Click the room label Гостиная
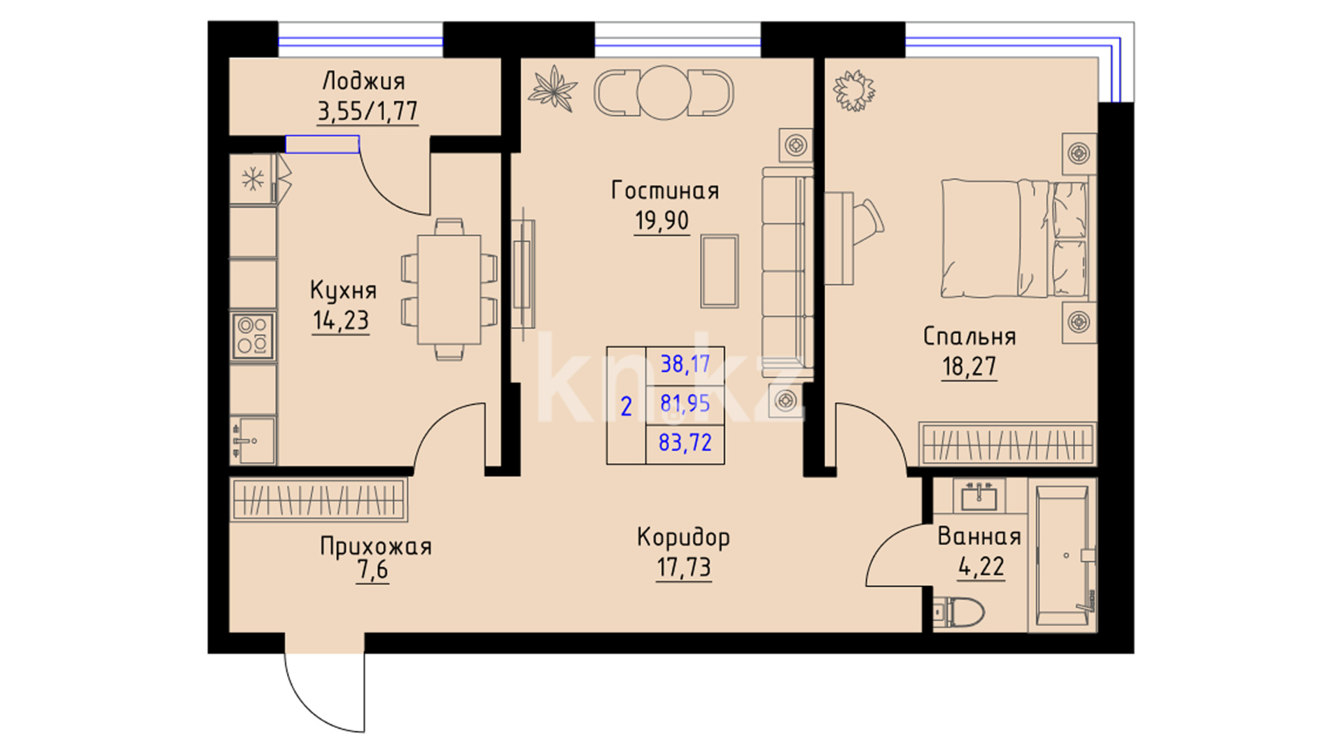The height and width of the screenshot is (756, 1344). point(665,190)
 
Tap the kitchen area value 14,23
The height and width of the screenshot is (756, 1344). point(340,321)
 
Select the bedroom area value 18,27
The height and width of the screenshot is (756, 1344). point(969,366)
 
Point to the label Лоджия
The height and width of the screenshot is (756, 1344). point(363,81)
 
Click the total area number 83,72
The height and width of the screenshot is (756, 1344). point(685,442)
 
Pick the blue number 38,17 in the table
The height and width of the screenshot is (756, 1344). point(685,364)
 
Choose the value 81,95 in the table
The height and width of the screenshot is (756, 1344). point(685,403)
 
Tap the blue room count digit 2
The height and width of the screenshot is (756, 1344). point(626,406)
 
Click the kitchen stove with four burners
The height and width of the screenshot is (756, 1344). point(253,335)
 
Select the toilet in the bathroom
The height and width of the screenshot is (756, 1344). point(959,612)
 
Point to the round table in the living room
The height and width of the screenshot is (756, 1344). point(664,92)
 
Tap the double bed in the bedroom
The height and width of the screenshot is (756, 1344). point(1014,239)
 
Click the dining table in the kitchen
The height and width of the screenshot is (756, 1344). point(449,289)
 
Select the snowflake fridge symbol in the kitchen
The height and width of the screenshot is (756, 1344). point(253,179)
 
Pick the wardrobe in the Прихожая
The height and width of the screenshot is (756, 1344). point(319,500)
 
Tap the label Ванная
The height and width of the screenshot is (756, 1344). point(979,536)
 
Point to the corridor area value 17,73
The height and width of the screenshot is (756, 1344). point(684,567)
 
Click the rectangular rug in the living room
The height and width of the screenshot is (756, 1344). point(720,271)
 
